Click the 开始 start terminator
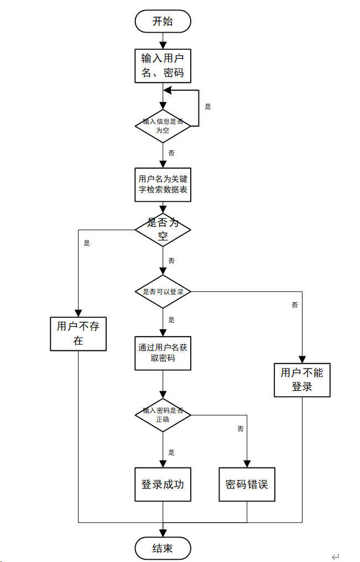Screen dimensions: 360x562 coord(163,21)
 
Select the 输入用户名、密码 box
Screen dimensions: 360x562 coord(163,66)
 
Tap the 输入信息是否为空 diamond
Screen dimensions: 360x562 coord(163,126)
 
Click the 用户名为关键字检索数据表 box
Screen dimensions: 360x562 coord(163,185)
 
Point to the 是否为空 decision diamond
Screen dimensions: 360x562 coord(163,230)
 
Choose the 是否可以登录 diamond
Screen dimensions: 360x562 coord(163,291)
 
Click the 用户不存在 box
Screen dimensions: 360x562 coord(78,334)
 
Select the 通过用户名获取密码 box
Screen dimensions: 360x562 coord(163,353)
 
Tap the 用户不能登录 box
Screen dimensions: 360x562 coord(302,380)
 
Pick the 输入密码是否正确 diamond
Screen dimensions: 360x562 coord(163,415)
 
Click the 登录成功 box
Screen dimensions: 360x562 coord(163,484)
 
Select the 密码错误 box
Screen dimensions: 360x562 coord(247,484)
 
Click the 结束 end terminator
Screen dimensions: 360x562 coord(163,548)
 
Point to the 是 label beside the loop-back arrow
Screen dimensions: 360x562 coord(208,107)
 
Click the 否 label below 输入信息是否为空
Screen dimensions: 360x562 coord(171,153)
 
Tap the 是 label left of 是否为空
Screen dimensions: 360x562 coord(87,243)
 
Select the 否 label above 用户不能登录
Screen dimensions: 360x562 coord(295,305)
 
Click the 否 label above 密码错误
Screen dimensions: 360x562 coord(241,429)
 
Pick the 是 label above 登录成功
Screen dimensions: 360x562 coord(171,453)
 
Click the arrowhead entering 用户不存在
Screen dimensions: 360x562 coord(78,313)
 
